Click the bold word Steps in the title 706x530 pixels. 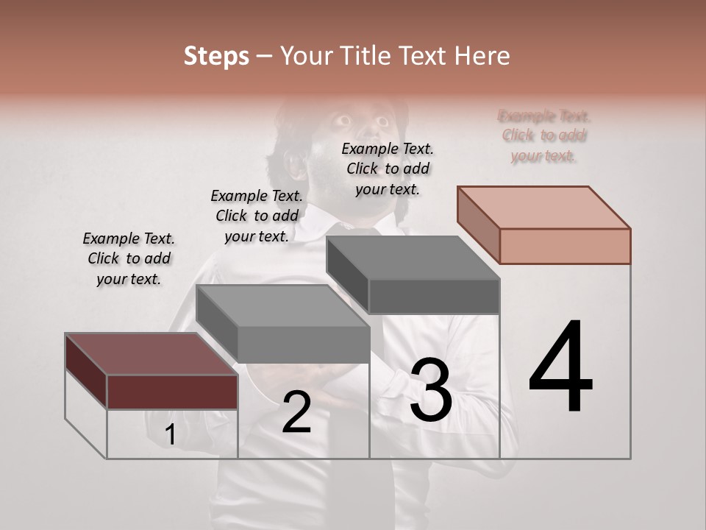point(216,56)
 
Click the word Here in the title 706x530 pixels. point(482,56)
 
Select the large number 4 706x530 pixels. point(560,368)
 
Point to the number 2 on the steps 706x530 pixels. point(296,413)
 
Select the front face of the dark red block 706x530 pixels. point(172,392)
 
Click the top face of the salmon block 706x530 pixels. point(544,207)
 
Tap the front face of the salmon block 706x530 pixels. point(565,246)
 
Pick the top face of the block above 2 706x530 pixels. point(282,305)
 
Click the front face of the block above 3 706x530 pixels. point(434,297)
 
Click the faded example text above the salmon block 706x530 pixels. point(544,136)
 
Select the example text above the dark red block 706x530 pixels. point(129,258)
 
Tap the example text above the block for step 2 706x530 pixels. point(257,216)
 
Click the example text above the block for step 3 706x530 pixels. point(388,169)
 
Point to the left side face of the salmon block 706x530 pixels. point(478,224)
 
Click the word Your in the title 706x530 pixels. point(302,56)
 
